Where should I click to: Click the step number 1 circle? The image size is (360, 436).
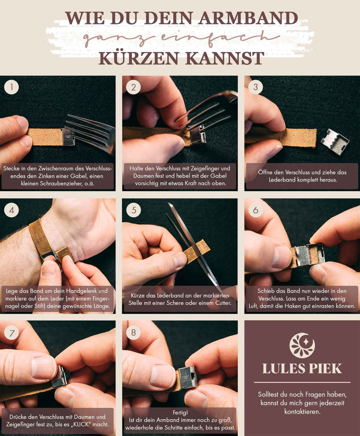coord(11,87)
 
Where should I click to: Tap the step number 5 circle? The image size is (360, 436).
coord(133,210)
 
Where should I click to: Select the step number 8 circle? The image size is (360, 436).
coord(133,333)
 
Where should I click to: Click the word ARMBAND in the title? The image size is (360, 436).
coord(248,18)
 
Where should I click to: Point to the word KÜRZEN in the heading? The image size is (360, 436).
coord(138,58)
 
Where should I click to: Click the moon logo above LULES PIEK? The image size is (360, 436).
coord(302,345)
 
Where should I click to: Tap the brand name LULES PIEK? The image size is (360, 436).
coord(302,369)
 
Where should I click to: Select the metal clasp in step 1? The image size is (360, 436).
coord(68,137)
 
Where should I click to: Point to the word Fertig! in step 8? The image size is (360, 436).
coord(180,413)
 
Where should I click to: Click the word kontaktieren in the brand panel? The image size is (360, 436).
coord(302,411)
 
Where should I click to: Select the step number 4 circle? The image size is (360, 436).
coord(11,210)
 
